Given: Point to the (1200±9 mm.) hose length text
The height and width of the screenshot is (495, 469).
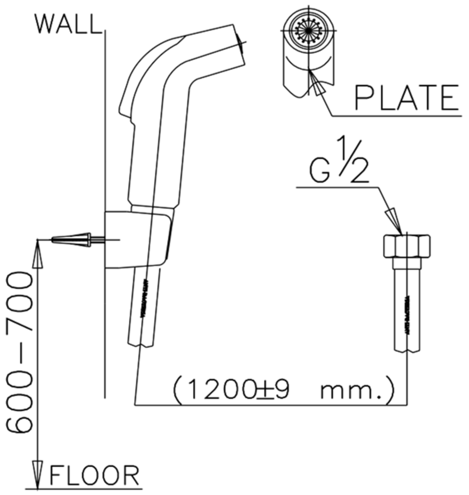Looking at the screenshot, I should point(283,391).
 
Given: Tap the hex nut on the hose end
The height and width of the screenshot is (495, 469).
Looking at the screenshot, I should point(406,246).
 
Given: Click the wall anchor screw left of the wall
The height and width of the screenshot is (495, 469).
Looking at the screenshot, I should point(72,240).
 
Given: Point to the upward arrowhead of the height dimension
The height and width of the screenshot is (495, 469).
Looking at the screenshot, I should point(37,253).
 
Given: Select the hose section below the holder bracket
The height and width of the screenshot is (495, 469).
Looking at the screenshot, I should point(143,306).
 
